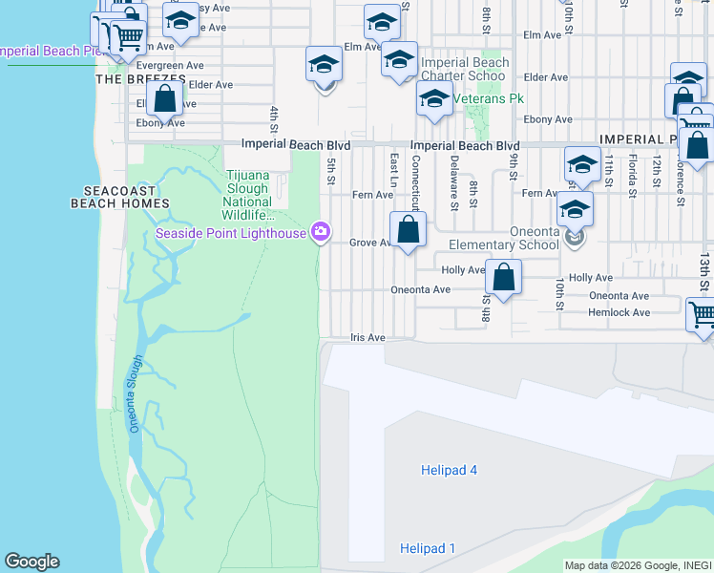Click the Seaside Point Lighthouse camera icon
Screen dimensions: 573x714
(x=321, y=232)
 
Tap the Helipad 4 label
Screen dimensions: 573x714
(x=449, y=470)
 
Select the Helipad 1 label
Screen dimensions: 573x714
(x=427, y=548)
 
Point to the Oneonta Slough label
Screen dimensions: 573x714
(x=136, y=393)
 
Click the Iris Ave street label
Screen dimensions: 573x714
(x=367, y=338)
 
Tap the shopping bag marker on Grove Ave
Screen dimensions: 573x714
(x=409, y=230)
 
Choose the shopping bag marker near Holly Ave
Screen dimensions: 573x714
(x=504, y=278)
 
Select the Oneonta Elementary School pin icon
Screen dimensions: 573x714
(x=573, y=238)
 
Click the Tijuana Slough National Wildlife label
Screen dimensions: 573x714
(x=247, y=188)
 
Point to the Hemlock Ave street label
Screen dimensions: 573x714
(x=619, y=312)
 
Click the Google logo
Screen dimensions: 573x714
(x=31, y=562)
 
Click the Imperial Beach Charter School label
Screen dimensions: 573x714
(x=465, y=70)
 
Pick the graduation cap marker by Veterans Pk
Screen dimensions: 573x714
(x=434, y=99)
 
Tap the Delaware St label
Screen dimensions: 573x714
(x=454, y=182)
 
